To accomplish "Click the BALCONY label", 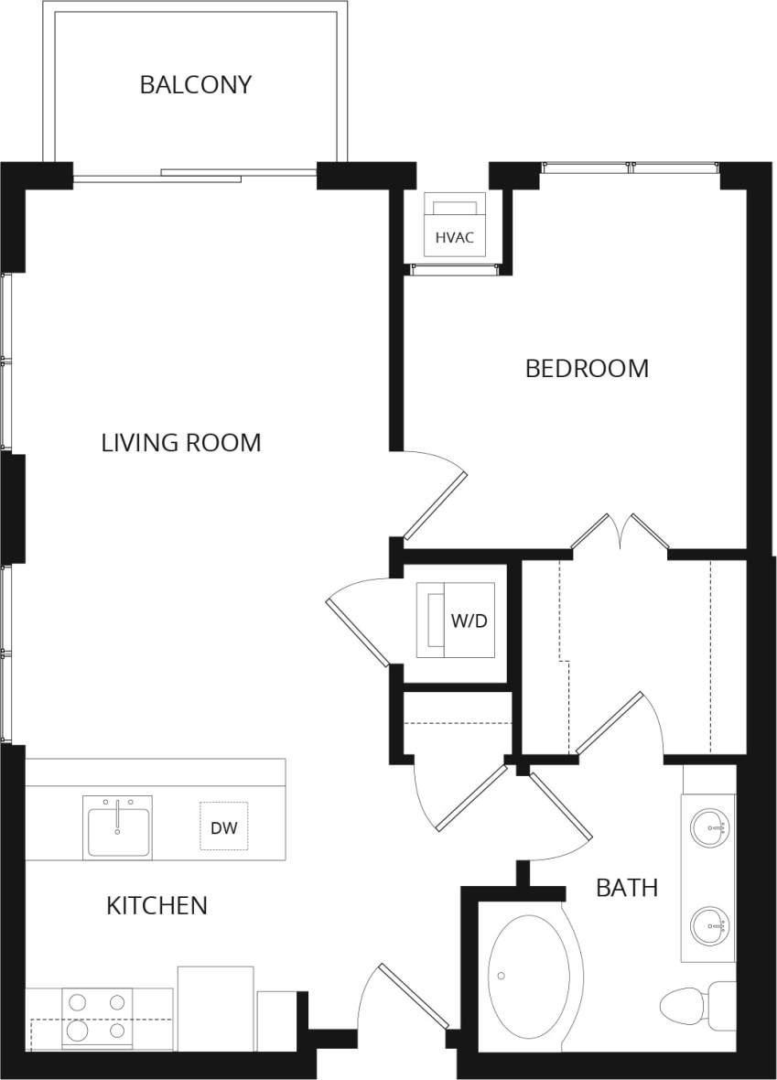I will click(195, 85).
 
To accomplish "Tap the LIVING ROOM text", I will click(180, 443).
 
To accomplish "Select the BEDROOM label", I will click(587, 369).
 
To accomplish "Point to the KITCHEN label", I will click(156, 906).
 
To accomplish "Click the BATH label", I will click(627, 887).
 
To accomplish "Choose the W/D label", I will click(469, 621).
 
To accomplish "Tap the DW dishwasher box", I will click(224, 827).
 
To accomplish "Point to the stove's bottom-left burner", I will click(78, 1031).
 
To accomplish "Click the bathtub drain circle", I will click(502, 976).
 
